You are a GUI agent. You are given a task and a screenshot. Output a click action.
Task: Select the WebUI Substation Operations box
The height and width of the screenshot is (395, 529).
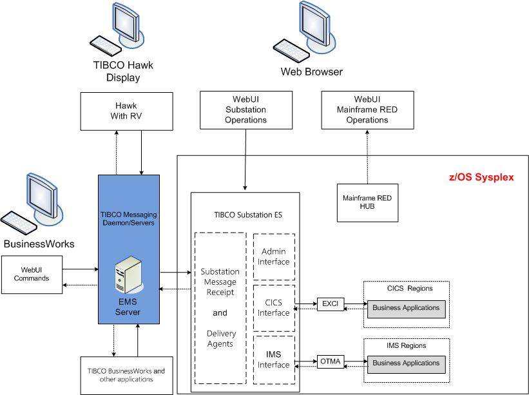pyautogui.click(x=245, y=110)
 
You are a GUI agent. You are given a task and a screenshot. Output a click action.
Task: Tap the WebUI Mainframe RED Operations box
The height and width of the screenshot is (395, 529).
pyautogui.click(x=367, y=110)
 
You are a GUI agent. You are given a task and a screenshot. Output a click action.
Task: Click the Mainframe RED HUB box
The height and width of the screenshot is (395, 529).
pyautogui.click(x=367, y=202)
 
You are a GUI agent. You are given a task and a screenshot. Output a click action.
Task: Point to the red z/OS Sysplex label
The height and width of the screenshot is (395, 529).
pyautogui.click(x=481, y=177)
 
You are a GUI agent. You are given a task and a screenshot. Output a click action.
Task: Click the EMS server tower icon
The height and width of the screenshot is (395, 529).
pyautogui.click(x=127, y=274)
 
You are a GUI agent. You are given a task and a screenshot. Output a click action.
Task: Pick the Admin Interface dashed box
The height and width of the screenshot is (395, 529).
pyautogui.click(x=274, y=256)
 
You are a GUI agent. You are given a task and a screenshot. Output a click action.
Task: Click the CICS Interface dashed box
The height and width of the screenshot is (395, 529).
pyautogui.click(x=274, y=308)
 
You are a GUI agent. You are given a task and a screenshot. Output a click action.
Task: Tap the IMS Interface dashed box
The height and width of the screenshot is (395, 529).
pyautogui.click(x=274, y=360)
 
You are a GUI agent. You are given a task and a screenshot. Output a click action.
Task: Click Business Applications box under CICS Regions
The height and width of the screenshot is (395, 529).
pyautogui.click(x=406, y=308)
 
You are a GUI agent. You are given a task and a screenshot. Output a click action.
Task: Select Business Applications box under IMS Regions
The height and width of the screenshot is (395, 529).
pyautogui.click(x=406, y=363)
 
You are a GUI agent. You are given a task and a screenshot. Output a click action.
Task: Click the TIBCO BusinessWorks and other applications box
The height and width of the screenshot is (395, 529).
pyautogui.click(x=126, y=375)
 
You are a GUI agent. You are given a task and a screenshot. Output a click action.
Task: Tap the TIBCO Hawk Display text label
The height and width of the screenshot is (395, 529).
pyautogui.click(x=123, y=72)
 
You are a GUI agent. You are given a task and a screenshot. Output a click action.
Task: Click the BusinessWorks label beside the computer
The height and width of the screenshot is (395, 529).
pyautogui.click(x=39, y=244)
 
